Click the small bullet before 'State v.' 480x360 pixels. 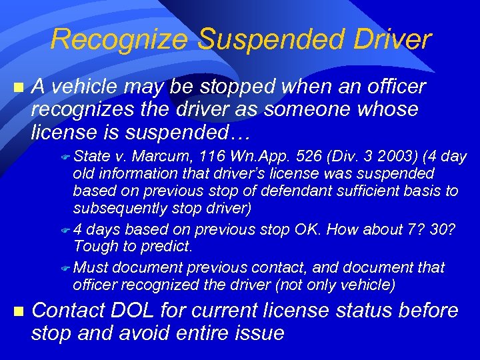(65, 158)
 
